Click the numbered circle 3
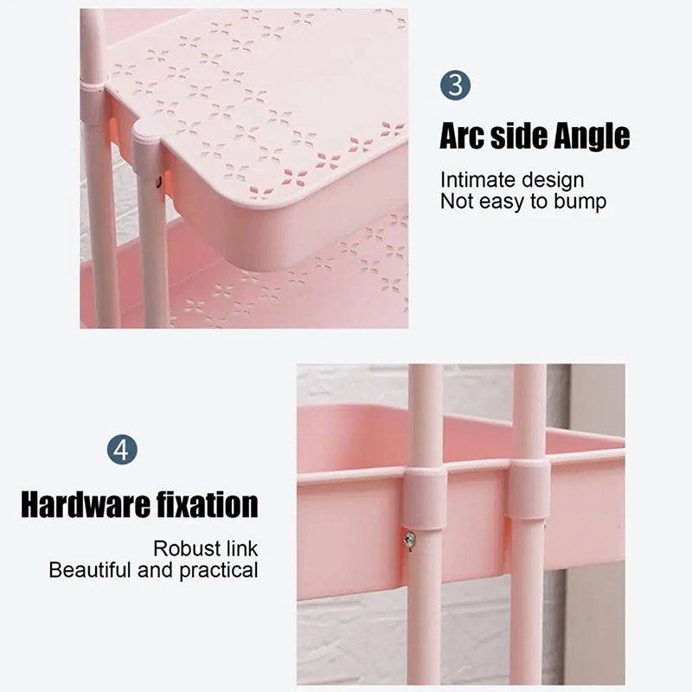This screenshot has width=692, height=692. [455, 85]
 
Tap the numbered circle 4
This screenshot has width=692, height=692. [122, 450]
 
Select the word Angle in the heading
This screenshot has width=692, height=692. [592, 137]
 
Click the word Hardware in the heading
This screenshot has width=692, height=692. [86, 504]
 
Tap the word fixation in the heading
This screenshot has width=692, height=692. [208, 504]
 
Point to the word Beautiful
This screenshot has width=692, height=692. [91, 570]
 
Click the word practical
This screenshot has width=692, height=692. [219, 571]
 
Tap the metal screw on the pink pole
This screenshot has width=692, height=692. [409, 538]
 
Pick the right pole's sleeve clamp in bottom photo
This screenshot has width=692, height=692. [529, 489]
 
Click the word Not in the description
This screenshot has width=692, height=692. [457, 202]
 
